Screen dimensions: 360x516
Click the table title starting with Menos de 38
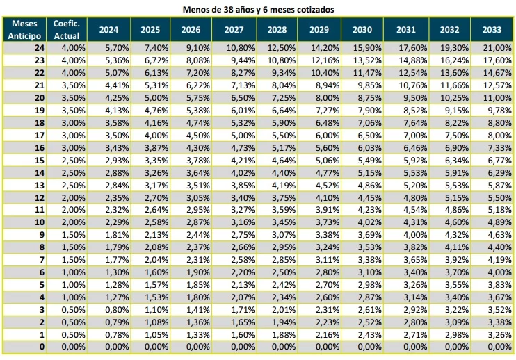[x=258, y=9]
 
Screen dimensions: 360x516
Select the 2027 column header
[x=236, y=30]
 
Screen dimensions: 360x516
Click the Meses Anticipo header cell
[x=24, y=30]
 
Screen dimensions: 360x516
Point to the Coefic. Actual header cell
[x=67, y=30]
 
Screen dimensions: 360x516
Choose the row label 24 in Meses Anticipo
[x=39, y=47]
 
